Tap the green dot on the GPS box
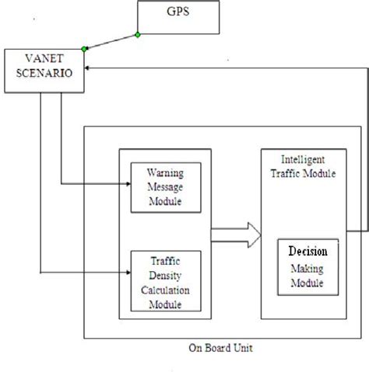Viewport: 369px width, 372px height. pyautogui.click(x=138, y=35)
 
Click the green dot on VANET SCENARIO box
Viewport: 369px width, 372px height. pyautogui.click(x=84, y=49)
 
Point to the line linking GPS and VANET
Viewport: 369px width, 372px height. pyautogui.click(x=111, y=42)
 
